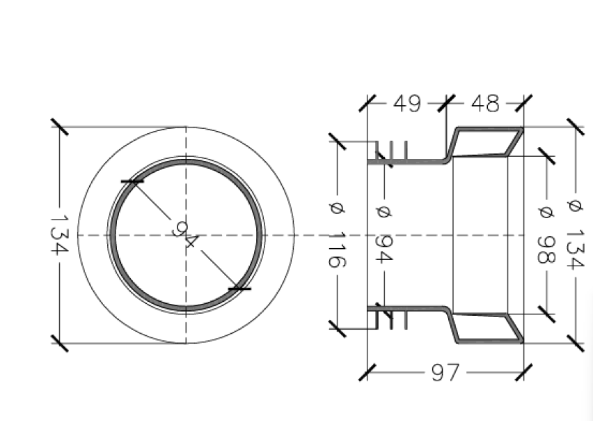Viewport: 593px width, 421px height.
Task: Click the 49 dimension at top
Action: [407, 104]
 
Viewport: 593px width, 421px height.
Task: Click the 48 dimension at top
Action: [484, 104]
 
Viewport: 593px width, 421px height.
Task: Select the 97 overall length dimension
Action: [445, 373]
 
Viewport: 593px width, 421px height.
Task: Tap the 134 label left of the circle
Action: [60, 235]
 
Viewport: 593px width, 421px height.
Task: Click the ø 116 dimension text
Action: [336, 235]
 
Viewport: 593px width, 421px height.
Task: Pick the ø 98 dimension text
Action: [545, 235]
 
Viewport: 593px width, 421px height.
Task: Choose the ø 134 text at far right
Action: [575, 235]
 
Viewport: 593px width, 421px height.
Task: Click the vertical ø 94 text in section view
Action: [384, 235]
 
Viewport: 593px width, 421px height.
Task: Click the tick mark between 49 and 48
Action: [445, 103]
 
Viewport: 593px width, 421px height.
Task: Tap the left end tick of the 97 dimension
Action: [367, 372]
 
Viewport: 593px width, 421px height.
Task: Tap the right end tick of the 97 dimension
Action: [523, 372]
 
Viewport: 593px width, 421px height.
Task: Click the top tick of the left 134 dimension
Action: [60, 128]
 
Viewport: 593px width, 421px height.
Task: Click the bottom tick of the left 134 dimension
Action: [60, 343]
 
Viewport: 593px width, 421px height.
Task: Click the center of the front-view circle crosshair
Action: [186, 236]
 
